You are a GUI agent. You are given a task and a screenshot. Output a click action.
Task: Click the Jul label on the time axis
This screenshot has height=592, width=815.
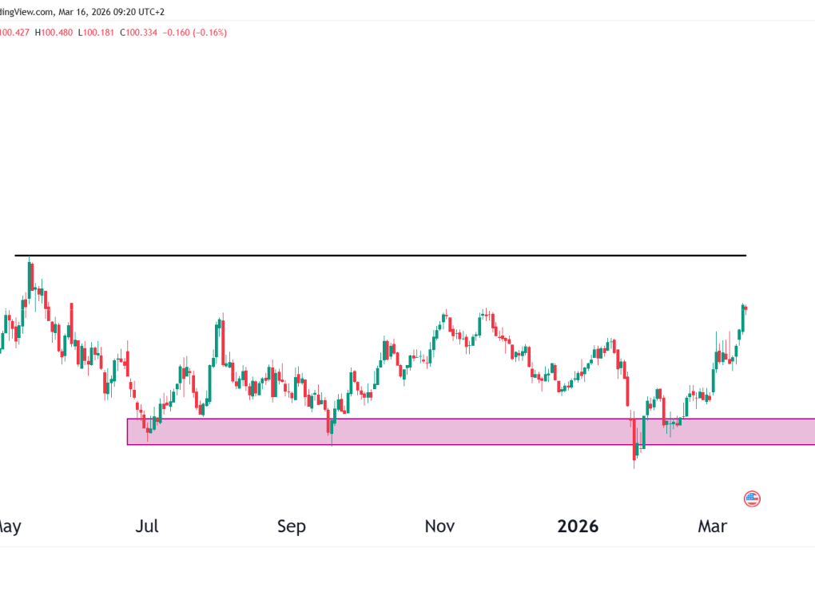[x=148, y=526]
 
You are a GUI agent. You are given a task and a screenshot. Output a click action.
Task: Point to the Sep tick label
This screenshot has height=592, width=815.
[x=292, y=526]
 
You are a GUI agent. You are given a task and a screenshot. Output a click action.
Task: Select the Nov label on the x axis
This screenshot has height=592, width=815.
[x=439, y=526]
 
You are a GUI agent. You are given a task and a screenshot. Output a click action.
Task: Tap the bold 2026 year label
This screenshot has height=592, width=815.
[x=578, y=526]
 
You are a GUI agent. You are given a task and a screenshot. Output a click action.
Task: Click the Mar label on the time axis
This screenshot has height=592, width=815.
[x=712, y=526]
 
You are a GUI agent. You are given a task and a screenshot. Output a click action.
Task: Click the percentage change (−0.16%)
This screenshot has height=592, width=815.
[x=213, y=33]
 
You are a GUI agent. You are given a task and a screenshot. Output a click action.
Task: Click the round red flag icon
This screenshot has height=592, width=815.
[x=752, y=499]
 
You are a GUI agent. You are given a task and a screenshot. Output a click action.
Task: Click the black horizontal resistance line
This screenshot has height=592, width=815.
[x=400, y=256]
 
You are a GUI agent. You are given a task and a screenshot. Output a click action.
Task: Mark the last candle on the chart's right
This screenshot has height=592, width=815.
[x=745, y=308]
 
